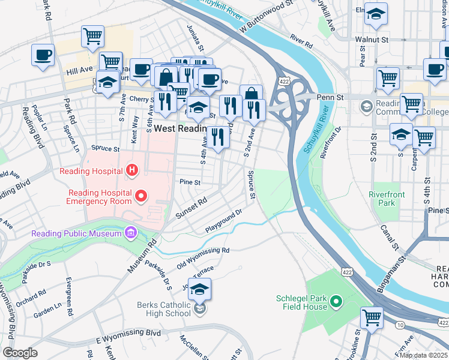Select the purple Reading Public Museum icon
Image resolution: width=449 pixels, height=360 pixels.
[131, 233]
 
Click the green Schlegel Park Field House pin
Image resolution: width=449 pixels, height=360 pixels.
[336, 302]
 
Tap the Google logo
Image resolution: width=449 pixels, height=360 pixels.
[20, 352]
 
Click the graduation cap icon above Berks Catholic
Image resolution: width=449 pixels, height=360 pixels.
[199, 290]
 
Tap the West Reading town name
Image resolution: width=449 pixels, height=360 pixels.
[180, 128]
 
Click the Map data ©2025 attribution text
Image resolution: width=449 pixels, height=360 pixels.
[423, 355]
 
